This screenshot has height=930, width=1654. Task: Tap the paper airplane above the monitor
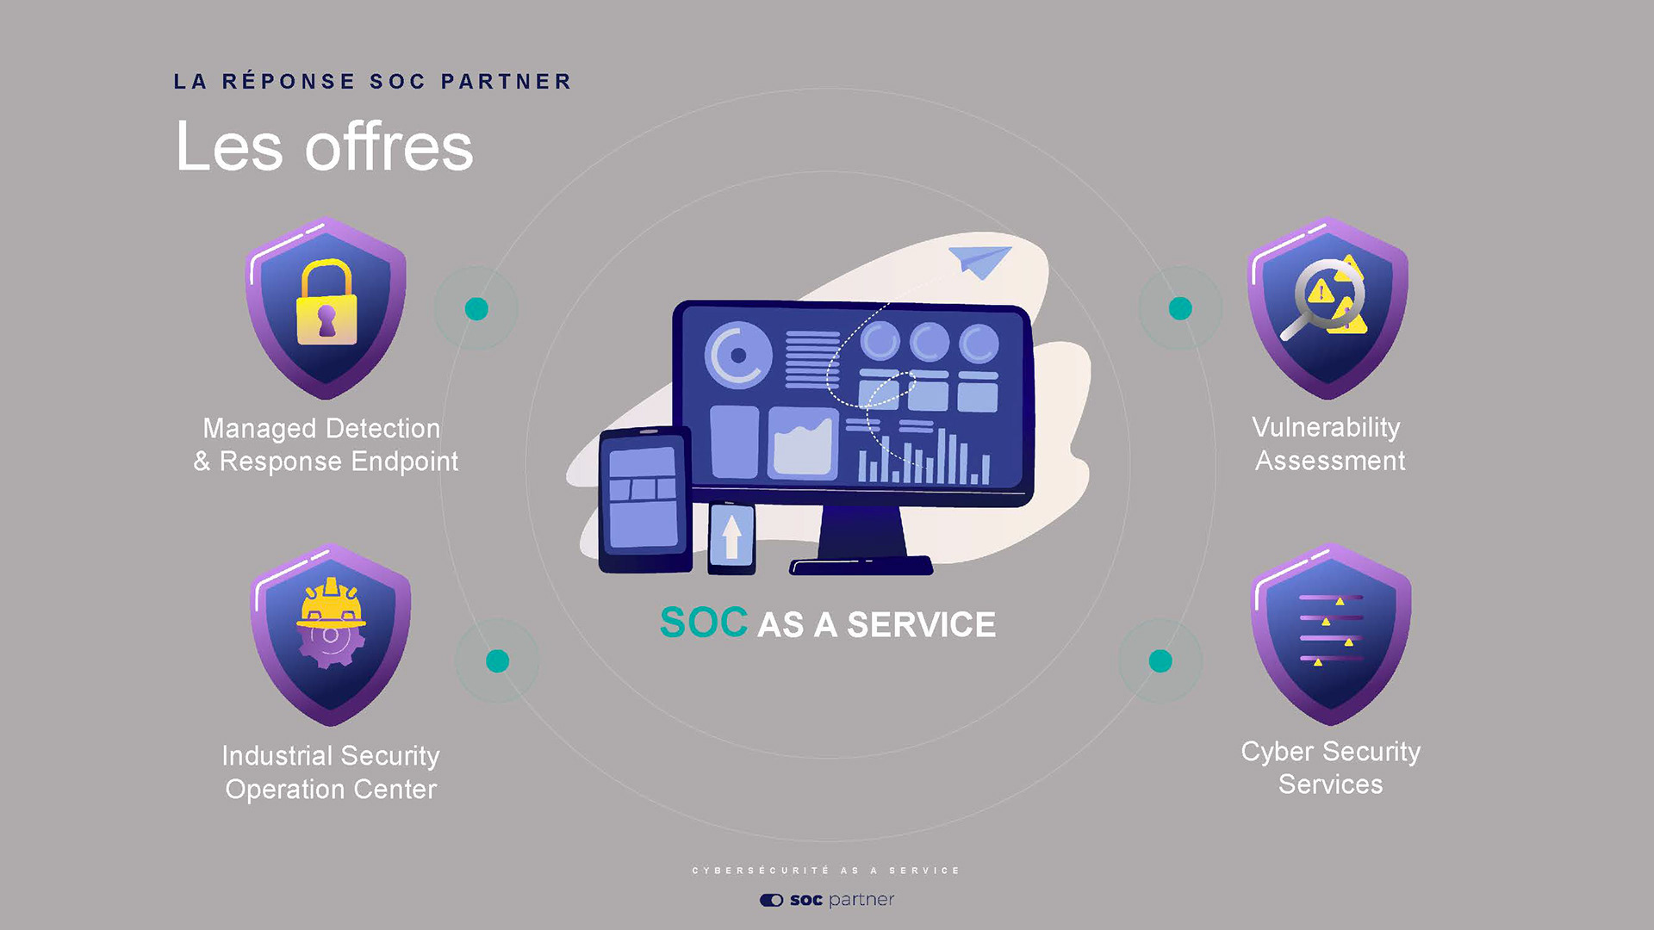click(980, 261)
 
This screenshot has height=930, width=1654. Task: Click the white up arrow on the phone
click(731, 536)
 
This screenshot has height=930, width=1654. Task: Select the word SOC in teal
click(703, 623)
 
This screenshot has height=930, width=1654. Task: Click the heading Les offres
click(324, 147)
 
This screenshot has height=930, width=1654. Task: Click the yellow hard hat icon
click(331, 604)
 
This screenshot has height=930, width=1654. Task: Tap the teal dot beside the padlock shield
click(476, 308)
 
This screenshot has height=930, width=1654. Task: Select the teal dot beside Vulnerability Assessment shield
click(1180, 308)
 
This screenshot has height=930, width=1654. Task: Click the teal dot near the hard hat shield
click(497, 660)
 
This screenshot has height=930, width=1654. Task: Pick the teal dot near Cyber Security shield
click(1160, 660)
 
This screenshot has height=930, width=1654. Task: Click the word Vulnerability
click(1326, 427)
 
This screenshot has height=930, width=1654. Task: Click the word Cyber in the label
click(1277, 751)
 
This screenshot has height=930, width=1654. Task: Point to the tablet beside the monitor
click(644, 499)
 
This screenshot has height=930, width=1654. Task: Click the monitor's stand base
click(861, 566)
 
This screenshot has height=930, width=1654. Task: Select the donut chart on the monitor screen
click(737, 355)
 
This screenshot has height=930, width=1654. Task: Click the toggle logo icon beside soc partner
click(771, 900)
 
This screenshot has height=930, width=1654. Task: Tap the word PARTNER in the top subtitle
click(507, 82)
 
